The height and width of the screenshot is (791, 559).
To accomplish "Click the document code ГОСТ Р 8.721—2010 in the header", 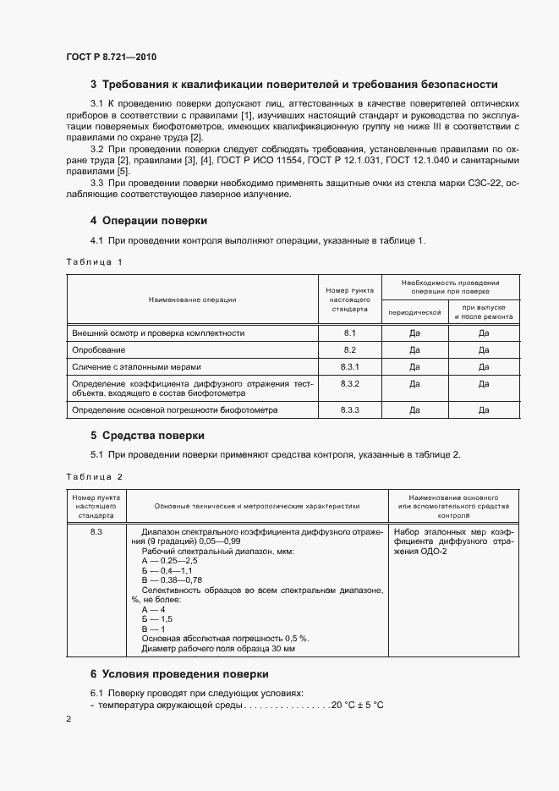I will pos(112,57).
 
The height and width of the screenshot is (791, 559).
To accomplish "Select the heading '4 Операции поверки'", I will pos(148,221).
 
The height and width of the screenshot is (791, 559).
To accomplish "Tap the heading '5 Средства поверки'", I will pos(147,436).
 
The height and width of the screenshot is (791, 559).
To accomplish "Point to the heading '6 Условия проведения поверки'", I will pos(179,674).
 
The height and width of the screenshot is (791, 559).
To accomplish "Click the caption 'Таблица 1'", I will pos(95,261).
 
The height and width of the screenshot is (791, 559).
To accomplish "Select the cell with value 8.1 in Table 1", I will pos(350,333).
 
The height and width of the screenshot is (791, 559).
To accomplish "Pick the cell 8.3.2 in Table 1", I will pos(350,384).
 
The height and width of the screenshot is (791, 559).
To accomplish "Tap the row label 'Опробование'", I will pos(99,349).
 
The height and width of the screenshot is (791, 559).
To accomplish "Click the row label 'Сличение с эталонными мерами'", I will pos(136,366).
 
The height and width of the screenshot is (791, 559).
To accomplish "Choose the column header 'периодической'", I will pos(414,312).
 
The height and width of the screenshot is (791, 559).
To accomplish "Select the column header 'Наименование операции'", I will pos(192,299).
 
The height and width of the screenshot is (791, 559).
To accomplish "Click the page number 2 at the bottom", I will pos(69,719).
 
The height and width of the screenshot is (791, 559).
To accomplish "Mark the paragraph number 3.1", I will pos(97,103).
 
